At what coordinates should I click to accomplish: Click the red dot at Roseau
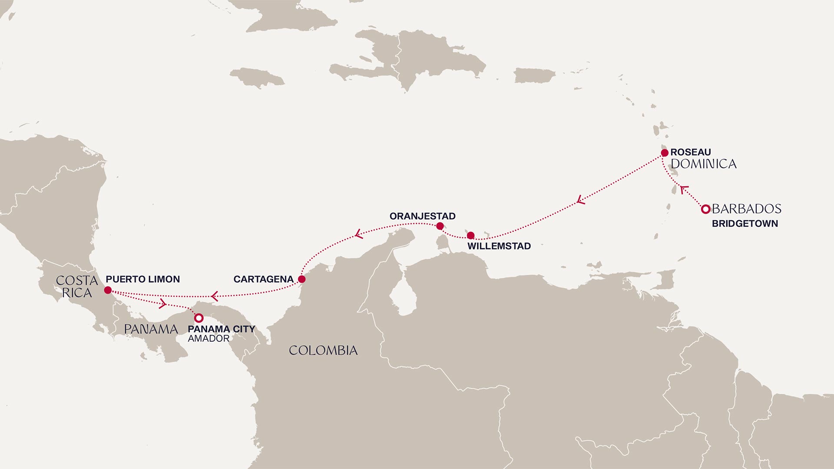[665, 153]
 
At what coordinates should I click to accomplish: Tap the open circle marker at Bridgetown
[706, 209]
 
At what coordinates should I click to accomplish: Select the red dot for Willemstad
[470, 236]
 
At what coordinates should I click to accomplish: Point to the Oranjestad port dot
[440, 226]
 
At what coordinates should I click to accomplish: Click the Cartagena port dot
[301, 279]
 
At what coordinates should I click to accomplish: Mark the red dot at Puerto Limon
[108, 290]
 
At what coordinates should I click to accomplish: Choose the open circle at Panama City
[199, 318]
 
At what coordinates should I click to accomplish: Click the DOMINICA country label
[703, 164]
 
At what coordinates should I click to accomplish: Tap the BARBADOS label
[746, 209]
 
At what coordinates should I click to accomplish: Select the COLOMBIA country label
[323, 350]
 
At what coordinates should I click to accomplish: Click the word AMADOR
[208, 339]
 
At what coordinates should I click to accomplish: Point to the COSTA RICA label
[76, 287]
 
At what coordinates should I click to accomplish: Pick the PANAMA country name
[151, 329]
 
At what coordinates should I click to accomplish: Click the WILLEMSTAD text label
[499, 246]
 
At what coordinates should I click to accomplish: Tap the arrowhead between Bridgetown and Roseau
[684, 189]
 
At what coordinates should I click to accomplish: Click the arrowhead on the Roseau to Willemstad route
[581, 200]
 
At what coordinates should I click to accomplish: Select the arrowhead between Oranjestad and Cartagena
[359, 234]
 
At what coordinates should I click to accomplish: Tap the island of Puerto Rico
[534, 76]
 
